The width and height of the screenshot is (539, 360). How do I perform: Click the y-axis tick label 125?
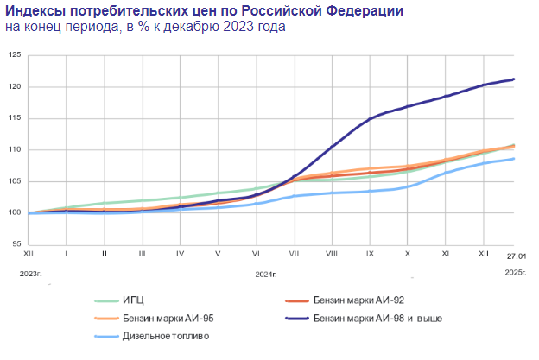14,55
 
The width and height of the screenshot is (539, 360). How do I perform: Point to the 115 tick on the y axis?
14,118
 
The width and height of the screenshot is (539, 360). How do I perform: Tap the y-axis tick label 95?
16,244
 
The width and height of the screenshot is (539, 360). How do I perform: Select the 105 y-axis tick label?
14,181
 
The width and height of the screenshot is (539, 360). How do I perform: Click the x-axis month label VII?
294,255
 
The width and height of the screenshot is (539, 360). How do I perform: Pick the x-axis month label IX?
369,255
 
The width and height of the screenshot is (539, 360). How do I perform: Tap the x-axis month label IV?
180,255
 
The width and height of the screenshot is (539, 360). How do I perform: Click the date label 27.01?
516,256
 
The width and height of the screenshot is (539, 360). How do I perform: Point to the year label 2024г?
266,274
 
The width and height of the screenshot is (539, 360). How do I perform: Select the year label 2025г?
516,274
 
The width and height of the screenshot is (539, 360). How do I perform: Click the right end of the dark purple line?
515,79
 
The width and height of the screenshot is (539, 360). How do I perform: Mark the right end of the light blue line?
515,158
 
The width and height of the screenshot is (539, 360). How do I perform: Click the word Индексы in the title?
35,10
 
